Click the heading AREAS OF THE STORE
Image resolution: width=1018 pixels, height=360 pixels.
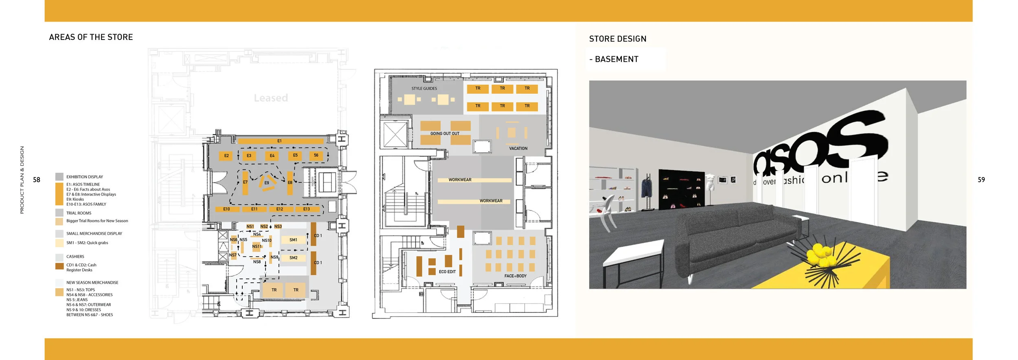coord(91,37)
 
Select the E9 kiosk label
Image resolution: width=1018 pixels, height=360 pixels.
coord(267,183)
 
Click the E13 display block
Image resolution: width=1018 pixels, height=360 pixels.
coord(307,209)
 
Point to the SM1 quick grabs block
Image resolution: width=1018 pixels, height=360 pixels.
coord(293,240)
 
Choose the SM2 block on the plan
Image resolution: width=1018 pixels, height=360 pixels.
coord(293,258)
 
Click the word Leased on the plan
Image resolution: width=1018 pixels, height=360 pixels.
coord(271,98)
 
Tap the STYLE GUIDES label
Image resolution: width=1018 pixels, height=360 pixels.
coord(424,88)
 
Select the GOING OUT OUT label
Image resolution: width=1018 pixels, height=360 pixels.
coord(445,134)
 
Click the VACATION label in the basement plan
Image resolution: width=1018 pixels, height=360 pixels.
coord(518,148)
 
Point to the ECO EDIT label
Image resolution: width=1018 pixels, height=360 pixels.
coord(447,272)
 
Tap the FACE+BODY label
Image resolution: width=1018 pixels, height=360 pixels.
coord(515,276)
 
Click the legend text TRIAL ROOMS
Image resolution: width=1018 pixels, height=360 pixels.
coord(79,213)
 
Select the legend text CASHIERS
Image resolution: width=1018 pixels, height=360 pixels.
coord(75,257)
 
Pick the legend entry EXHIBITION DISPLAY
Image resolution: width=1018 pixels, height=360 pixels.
coord(85,177)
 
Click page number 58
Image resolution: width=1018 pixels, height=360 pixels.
coord(37,180)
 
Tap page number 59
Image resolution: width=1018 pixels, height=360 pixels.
coord(981,180)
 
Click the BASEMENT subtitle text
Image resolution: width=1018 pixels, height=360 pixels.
coord(617,59)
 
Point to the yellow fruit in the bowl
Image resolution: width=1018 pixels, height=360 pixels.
coord(820,255)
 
